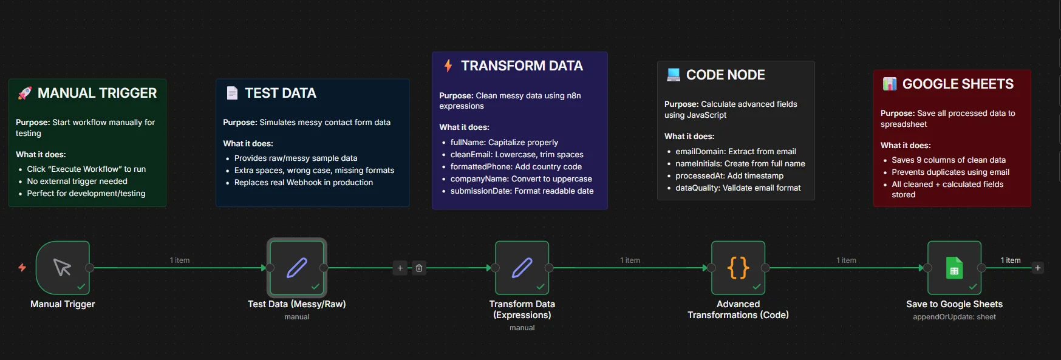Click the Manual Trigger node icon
point(63,268)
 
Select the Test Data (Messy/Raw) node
point(297,268)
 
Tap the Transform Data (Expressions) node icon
point(522,268)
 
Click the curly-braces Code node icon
point(738,268)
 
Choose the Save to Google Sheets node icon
point(954,268)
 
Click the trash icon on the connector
point(419,268)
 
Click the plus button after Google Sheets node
point(1038,268)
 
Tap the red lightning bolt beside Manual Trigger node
point(22,267)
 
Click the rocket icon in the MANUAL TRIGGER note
point(25,93)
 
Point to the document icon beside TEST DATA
point(232,93)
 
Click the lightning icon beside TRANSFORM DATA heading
point(448,66)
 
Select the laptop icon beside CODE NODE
point(673,75)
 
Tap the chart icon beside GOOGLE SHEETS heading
point(890,84)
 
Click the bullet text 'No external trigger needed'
point(77,181)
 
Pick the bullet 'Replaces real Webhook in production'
point(304,182)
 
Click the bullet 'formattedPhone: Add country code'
point(516,166)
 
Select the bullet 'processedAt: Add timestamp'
point(729,175)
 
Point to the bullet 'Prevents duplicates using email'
point(950,172)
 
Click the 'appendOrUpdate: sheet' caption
point(954,317)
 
